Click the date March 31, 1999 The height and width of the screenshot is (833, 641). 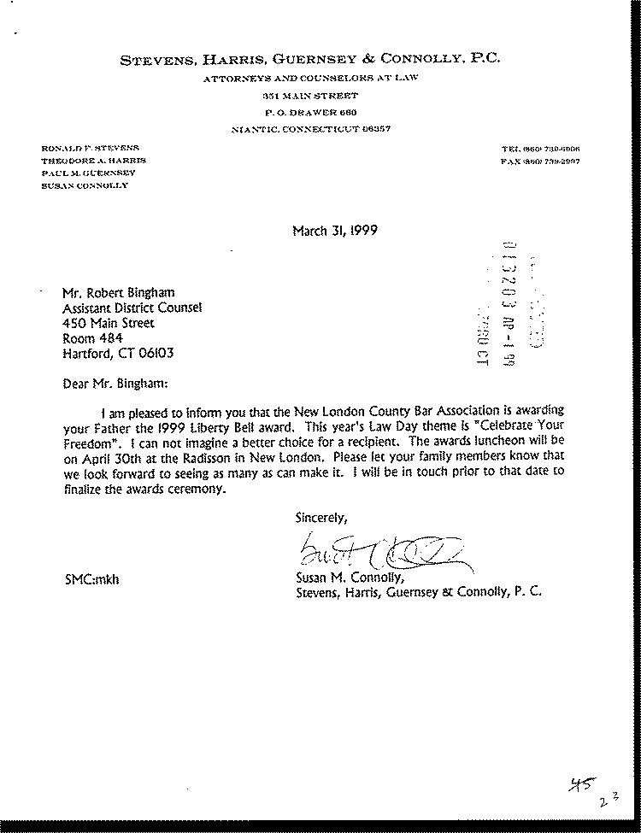click(335, 231)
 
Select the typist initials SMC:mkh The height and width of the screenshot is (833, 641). click(90, 579)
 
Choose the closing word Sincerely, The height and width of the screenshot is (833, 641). click(321, 517)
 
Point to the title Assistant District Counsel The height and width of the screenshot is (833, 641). click(132, 308)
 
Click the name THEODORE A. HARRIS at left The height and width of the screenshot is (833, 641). click(94, 161)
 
